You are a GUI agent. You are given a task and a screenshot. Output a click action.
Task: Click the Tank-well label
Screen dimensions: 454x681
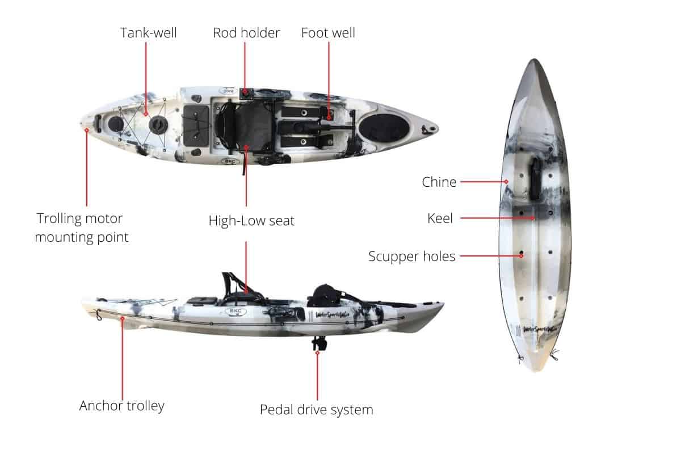pos(148,33)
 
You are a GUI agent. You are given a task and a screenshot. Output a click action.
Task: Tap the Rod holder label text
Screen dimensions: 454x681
pos(246,33)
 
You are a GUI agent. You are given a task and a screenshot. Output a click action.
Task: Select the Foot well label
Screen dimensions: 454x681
pos(328,33)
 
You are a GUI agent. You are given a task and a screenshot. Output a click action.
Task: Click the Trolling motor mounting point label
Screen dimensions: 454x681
pos(82,227)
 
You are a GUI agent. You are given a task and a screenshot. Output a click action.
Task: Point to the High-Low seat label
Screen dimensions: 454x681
pos(251,221)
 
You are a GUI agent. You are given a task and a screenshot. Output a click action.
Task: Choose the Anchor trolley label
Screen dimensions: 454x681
pos(122,405)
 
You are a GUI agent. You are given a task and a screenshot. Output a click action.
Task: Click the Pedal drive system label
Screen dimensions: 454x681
pos(316,409)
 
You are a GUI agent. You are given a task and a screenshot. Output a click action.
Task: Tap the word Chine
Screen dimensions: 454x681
pos(439,182)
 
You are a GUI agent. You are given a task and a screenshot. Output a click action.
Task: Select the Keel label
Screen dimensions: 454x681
pos(440,218)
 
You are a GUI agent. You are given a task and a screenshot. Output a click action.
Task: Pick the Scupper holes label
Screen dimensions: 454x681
pos(411,257)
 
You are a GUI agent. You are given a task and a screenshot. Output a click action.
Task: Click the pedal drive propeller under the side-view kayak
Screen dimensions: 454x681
pos(317,344)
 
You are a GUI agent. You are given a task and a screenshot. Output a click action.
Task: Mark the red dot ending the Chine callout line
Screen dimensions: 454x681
pos(506,182)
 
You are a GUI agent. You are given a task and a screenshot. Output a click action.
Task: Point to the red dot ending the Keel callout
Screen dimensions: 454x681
pos(533,218)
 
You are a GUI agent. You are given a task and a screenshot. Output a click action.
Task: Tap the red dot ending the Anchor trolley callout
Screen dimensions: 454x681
pos(123,320)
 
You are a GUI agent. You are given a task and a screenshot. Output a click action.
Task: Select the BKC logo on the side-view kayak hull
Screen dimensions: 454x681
pos(234,312)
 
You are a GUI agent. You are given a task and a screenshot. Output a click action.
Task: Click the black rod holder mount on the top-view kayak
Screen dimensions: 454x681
pos(246,93)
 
